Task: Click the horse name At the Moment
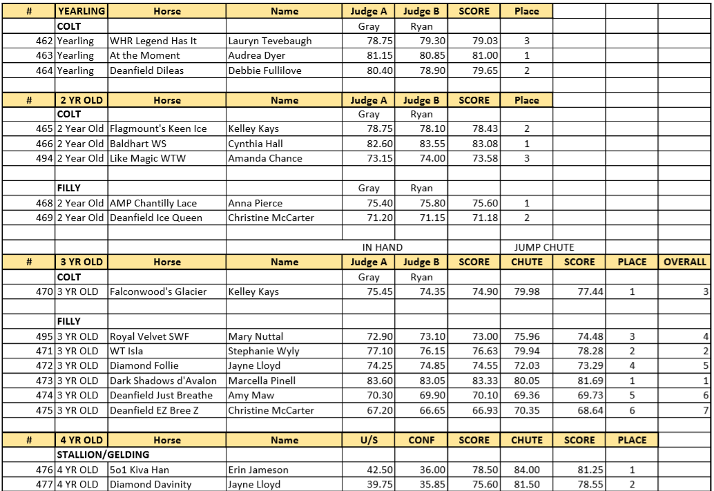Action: click(144, 55)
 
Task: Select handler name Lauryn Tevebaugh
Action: click(269, 41)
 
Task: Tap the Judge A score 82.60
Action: click(379, 144)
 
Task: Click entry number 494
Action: click(45, 158)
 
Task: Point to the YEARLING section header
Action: click(81, 11)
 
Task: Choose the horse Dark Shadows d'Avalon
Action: click(163, 381)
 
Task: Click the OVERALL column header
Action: click(684, 262)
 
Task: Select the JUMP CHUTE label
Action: click(543, 247)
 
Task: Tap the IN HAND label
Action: click(383, 247)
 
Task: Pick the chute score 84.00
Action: click(527, 470)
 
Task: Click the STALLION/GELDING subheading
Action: click(103, 454)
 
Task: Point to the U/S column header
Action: click(369, 440)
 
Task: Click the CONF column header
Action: click(421, 440)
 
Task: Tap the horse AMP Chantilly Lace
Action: click(153, 203)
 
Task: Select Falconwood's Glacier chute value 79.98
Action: click(527, 291)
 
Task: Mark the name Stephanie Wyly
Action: click(263, 351)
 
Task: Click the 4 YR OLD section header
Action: click(81, 440)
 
